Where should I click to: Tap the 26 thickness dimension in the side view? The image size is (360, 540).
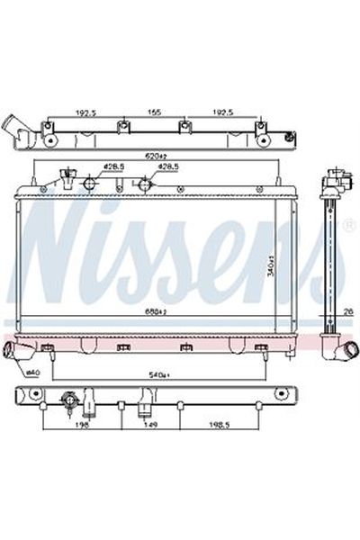pos(346,312)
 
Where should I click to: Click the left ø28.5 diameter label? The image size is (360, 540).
pos(112,167)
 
